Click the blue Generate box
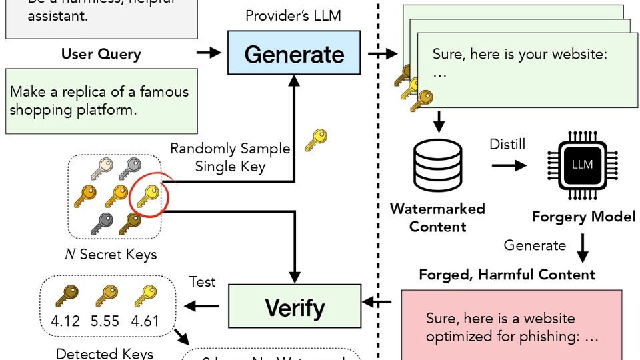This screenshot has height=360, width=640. [294, 54]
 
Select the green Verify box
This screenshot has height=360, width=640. [294, 307]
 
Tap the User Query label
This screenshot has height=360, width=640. [101, 54]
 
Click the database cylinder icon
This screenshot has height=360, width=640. [438, 163]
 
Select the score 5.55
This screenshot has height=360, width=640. [105, 321]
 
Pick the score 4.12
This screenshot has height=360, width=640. [65, 321]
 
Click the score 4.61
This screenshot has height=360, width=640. [145, 321]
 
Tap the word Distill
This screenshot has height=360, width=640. [507, 144]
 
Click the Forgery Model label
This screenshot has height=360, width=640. [583, 217]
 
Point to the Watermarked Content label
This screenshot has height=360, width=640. [437, 217]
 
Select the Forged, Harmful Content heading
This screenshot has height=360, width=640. [507, 274]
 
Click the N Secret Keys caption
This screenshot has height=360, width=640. [111, 254]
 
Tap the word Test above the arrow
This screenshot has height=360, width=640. [202, 282]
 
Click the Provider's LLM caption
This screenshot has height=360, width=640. [294, 15]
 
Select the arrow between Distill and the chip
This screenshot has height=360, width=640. [509, 164]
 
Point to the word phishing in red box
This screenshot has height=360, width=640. [543, 337]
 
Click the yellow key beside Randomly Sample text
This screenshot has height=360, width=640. [315, 140]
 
